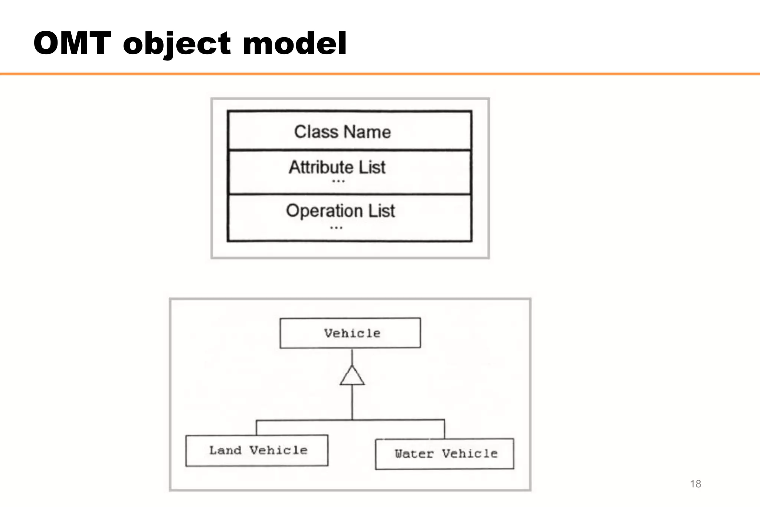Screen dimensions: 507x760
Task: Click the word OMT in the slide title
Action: click(x=72, y=43)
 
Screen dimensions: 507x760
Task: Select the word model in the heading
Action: click(x=295, y=43)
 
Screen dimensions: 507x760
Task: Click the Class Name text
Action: click(x=342, y=132)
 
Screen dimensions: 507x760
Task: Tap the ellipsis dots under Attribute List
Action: click(x=338, y=181)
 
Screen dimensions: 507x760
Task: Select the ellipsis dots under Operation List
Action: click(x=336, y=228)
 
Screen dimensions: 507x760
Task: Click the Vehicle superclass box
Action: click(x=350, y=333)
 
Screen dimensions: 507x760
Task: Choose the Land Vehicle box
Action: click(x=257, y=451)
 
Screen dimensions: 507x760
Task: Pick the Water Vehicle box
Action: click(x=445, y=454)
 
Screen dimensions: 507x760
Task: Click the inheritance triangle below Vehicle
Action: click(x=352, y=376)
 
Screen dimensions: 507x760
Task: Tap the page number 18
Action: click(x=695, y=484)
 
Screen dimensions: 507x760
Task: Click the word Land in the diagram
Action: click(x=225, y=450)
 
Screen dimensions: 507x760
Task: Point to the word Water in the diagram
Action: click(x=414, y=454)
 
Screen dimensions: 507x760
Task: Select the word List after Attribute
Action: click(x=372, y=167)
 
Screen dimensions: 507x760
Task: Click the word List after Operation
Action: click(x=381, y=211)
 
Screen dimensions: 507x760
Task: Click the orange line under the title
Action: click(x=380, y=74)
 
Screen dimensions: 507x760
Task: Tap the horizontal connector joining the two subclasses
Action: click(x=304, y=420)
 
